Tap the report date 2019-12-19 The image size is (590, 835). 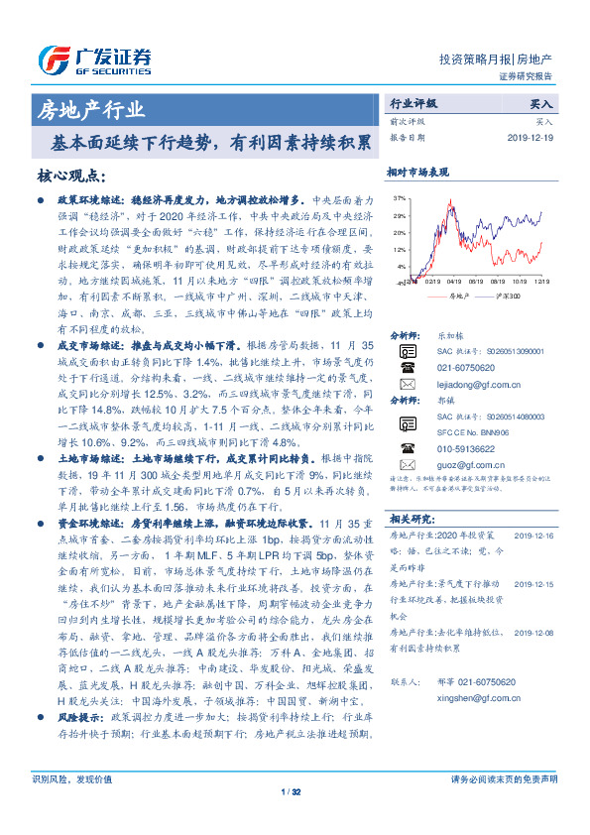pos(533,138)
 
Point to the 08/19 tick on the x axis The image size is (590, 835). pos(492,280)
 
